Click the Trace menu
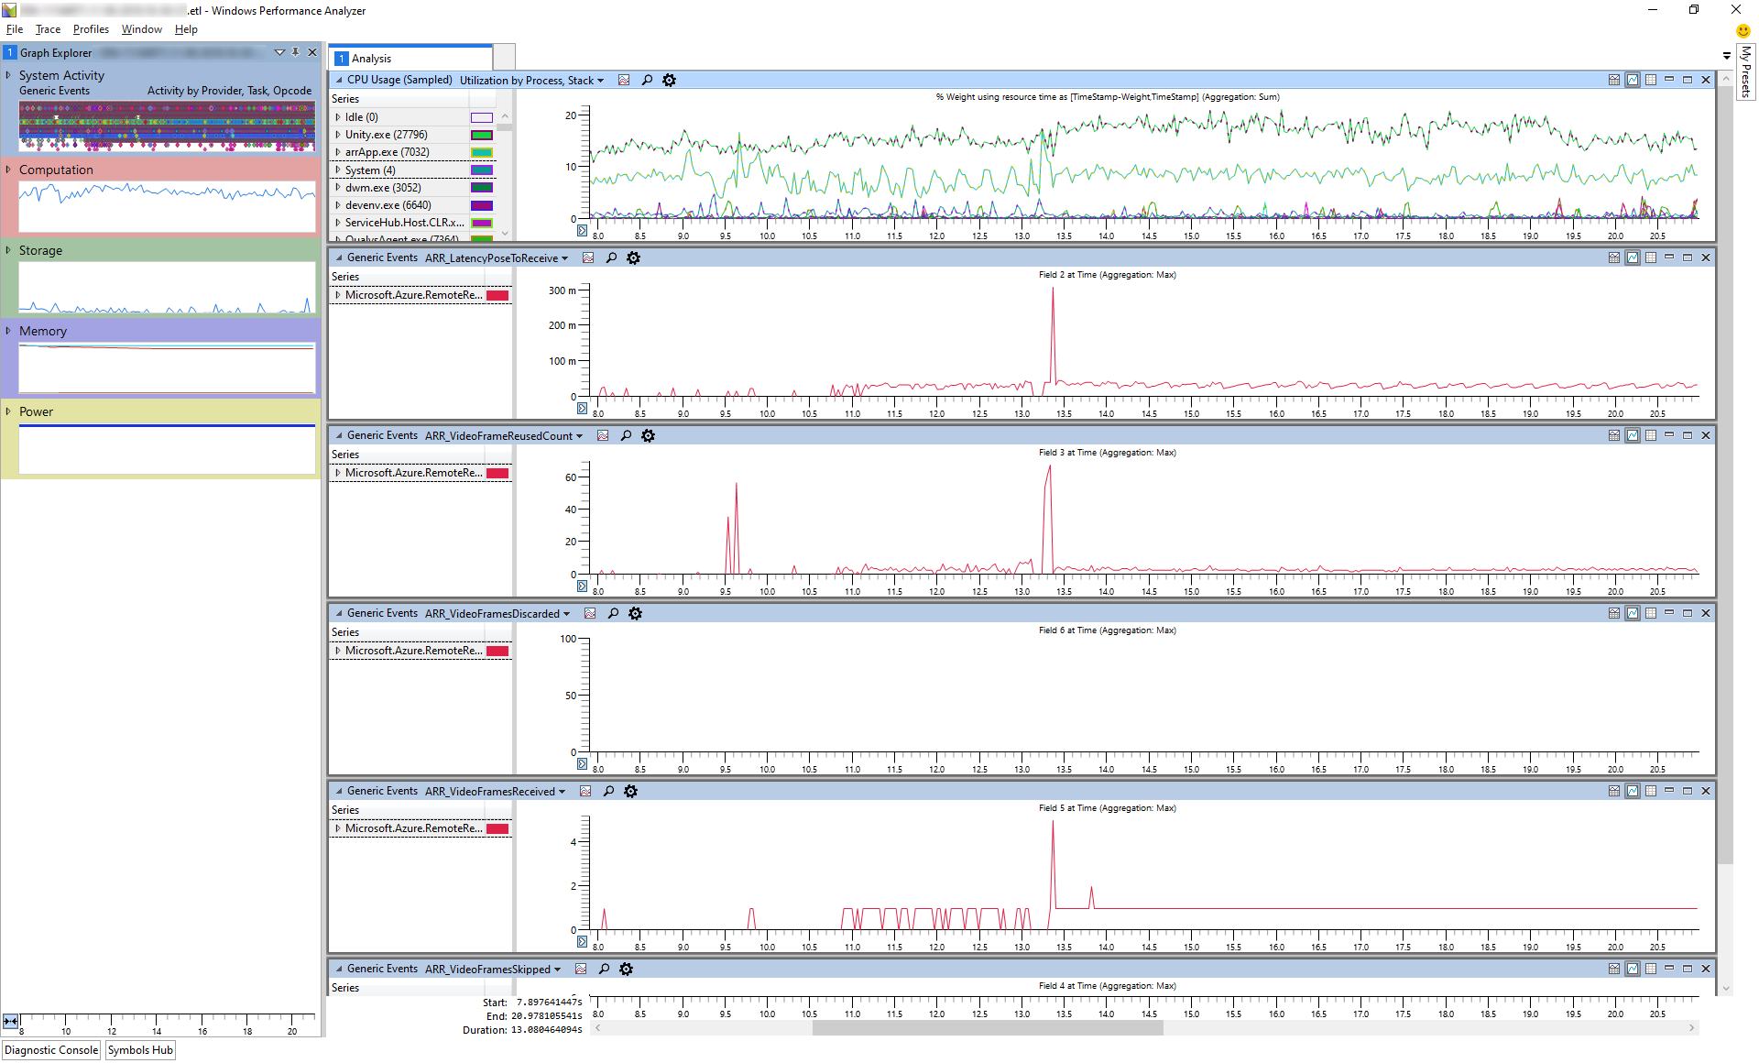48,29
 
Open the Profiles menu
91,29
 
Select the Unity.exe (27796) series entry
386,135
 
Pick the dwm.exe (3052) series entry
383,188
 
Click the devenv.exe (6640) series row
388,205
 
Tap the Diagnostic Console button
51,1050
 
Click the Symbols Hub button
140,1050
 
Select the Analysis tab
370,59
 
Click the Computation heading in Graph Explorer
56,170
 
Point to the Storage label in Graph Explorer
40,250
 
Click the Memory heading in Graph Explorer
43,331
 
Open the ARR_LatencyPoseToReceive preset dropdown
564,258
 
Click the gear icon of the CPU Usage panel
670,81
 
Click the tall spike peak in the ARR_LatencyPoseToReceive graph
1053,290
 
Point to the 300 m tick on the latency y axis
563,290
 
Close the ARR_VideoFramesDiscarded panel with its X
1706,613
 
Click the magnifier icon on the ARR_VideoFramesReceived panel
608,792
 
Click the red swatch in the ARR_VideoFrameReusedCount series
497,473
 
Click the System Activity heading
61,75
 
